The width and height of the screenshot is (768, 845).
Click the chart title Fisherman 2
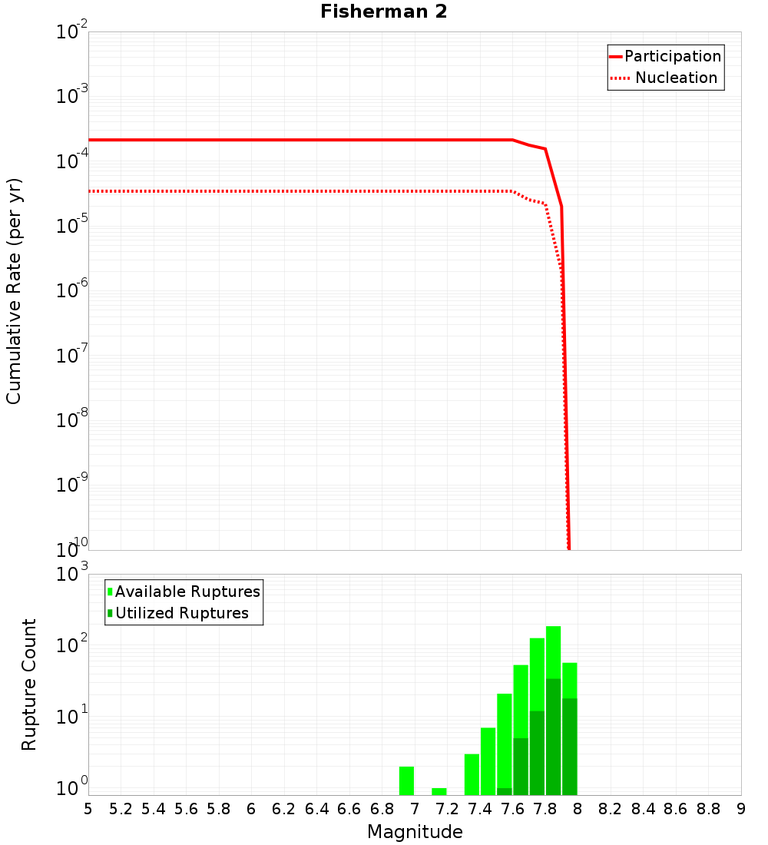pos(383,12)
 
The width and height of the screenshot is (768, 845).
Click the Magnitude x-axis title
pos(415,832)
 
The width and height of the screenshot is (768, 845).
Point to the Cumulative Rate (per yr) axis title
pos(14,290)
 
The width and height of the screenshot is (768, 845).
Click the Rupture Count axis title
pos(29,684)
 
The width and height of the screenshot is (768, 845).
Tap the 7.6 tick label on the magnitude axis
pos(512,809)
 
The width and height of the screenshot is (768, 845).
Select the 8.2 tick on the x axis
pos(611,809)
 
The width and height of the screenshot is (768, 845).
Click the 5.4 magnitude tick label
pos(154,809)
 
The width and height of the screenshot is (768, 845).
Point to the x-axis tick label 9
pos(741,809)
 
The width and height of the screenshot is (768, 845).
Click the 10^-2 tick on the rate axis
pos(72,32)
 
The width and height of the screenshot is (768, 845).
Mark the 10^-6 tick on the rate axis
pos(72,291)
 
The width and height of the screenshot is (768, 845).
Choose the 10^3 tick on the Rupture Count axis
pos(72,575)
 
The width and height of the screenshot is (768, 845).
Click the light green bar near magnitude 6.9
pos(406,780)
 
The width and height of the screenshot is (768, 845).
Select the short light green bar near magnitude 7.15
pos(439,791)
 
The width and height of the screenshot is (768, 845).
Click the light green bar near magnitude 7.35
pos(472,774)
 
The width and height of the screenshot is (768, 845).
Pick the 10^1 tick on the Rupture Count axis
pos(72,717)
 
